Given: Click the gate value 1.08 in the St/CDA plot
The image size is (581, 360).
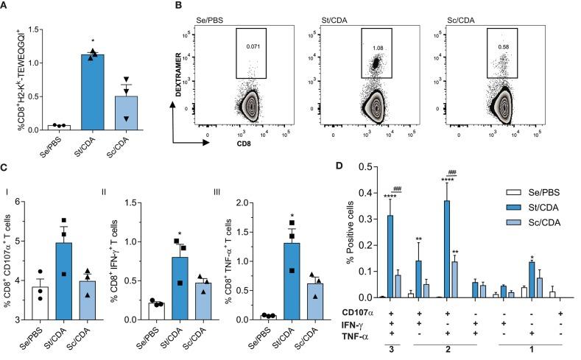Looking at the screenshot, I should (378, 45).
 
